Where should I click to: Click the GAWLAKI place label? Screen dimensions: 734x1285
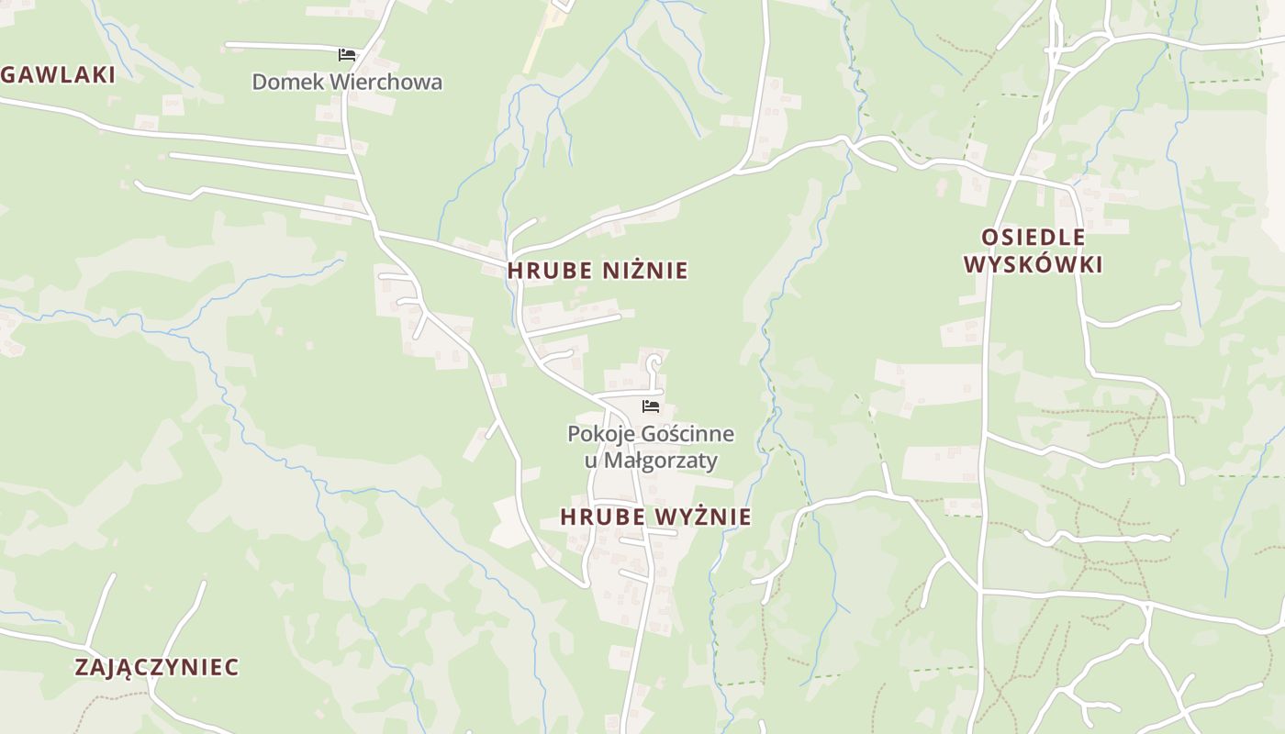(x=58, y=75)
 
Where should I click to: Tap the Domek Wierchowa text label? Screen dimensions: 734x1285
(x=347, y=82)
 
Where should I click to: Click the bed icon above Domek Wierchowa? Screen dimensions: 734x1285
(x=347, y=55)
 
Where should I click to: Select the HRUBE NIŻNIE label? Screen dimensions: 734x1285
(x=598, y=271)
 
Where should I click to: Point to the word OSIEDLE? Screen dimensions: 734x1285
(x=1034, y=238)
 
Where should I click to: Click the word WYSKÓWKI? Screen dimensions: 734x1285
(x=1034, y=265)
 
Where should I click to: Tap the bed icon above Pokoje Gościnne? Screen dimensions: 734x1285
(x=651, y=406)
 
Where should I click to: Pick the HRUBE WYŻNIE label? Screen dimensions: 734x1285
(x=656, y=517)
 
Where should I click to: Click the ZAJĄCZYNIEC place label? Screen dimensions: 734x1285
(x=157, y=667)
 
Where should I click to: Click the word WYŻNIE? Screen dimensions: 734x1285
(x=703, y=517)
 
